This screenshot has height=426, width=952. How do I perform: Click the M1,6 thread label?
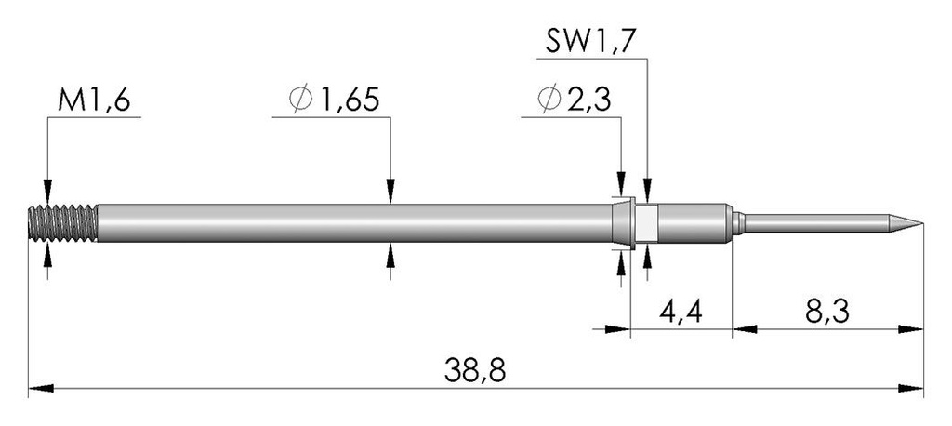click(94, 100)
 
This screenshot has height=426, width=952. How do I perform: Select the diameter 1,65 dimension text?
click(334, 100)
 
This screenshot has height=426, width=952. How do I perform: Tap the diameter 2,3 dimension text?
click(574, 100)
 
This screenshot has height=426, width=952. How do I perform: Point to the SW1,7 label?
click(590, 43)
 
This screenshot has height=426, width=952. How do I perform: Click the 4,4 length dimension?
click(681, 313)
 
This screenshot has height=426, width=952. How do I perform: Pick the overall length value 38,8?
click(475, 370)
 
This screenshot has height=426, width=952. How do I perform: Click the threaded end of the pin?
click(62, 223)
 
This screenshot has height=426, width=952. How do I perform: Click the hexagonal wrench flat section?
click(647, 223)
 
